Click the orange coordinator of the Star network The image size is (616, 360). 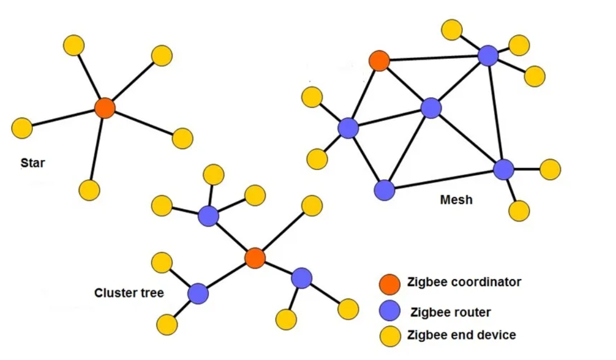tap(105, 107)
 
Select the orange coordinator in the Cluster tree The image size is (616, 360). tap(255, 258)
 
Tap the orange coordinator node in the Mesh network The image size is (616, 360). tap(379, 60)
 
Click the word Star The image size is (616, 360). tap(32, 164)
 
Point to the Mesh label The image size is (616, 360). tap(456, 199)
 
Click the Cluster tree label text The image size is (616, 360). tap(129, 293)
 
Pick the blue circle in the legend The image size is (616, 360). tap(389, 311)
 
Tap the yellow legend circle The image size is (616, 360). tap(389, 336)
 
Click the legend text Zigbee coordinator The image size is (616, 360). tap(464, 282)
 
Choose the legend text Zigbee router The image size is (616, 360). tap(451, 312)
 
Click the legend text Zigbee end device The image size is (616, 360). tap(462, 335)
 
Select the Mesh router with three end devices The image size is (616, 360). tap(488, 55)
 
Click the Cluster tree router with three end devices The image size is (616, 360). tap(209, 216)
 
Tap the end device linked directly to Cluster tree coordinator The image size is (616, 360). tap(311, 206)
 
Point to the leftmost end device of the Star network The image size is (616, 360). tap(22, 128)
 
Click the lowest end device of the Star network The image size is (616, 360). tap(89, 190)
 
